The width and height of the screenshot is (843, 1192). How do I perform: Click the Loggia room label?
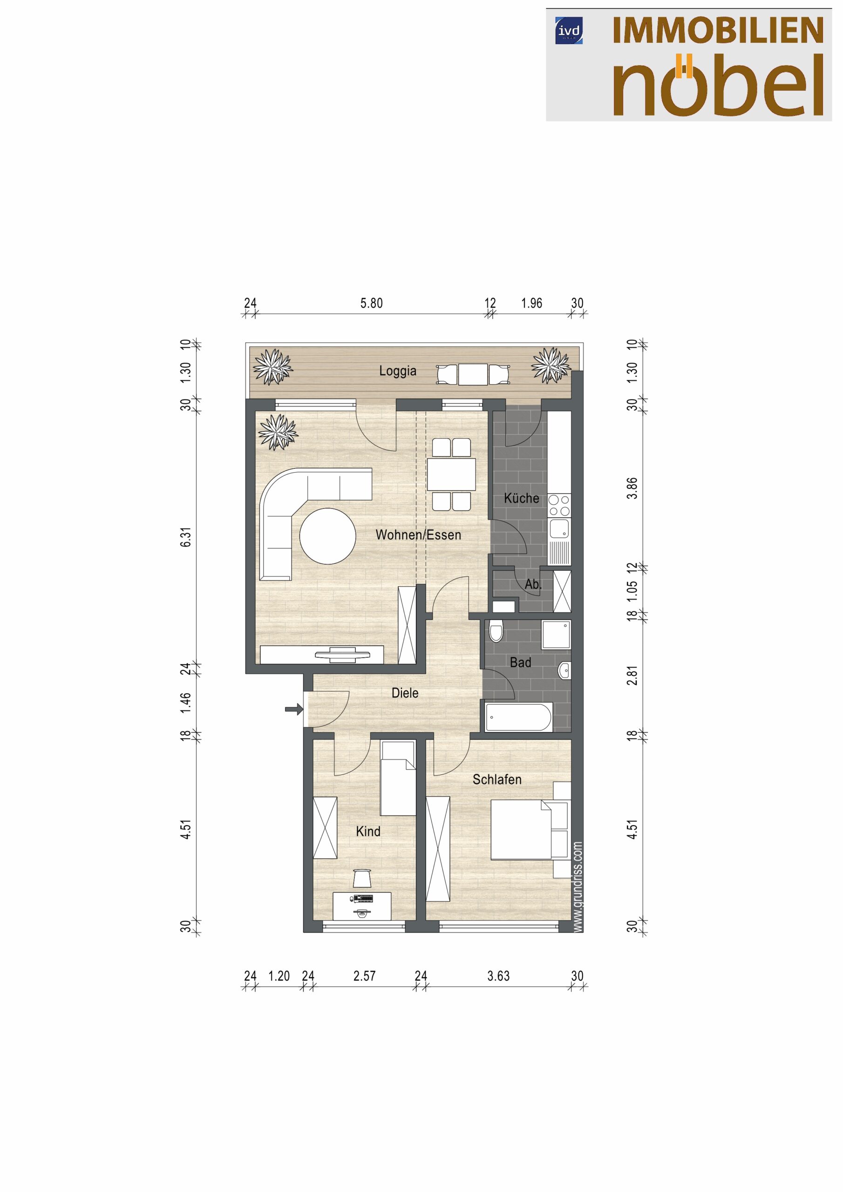point(397,371)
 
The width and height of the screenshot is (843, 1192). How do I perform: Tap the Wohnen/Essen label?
point(418,535)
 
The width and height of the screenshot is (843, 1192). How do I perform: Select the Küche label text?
point(521,498)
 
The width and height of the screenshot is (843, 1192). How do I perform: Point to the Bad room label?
point(520,663)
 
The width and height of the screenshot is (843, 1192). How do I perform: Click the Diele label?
point(405,692)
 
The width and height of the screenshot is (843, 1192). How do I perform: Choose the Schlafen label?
point(496,779)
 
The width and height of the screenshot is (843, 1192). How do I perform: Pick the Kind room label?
point(368,831)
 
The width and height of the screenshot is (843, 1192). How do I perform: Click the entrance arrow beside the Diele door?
point(294,708)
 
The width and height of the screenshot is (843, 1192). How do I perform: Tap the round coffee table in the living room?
point(328,536)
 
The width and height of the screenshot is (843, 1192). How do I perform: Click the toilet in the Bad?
point(496,630)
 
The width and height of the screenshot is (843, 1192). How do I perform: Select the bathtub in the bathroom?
point(518,717)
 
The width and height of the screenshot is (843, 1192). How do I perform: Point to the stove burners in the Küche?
point(559,505)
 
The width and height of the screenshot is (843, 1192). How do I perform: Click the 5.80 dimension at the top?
point(371,303)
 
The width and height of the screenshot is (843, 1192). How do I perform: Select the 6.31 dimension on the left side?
point(186,536)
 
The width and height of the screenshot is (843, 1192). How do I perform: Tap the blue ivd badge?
point(569,31)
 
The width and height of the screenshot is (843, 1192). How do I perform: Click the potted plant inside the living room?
point(278,432)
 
